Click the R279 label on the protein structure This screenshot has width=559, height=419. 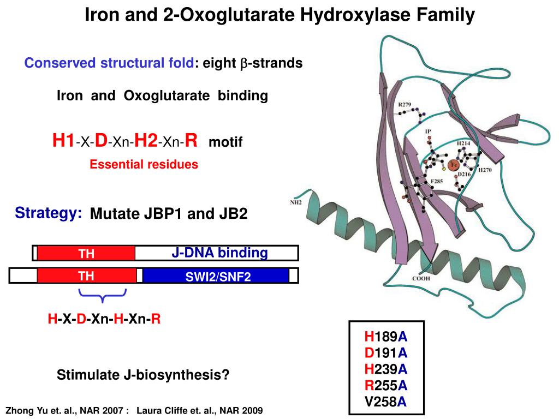(405, 105)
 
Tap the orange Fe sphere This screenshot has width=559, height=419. (453, 165)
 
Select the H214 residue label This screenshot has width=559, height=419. (463, 142)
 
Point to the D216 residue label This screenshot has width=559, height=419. (464, 174)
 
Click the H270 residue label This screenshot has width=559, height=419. (484, 170)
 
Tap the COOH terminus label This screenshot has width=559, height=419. (420, 279)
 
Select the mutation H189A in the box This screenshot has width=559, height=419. (386, 337)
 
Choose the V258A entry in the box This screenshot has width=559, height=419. (386, 402)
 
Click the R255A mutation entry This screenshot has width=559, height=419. (386, 386)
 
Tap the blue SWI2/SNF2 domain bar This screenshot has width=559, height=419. (216, 276)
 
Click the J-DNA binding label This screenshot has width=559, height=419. (219, 253)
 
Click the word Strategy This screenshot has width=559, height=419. (49, 213)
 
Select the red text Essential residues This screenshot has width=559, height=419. (144, 164)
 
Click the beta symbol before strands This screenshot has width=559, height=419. (243, 64)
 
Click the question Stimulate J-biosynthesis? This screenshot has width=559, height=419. (143, 375)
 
